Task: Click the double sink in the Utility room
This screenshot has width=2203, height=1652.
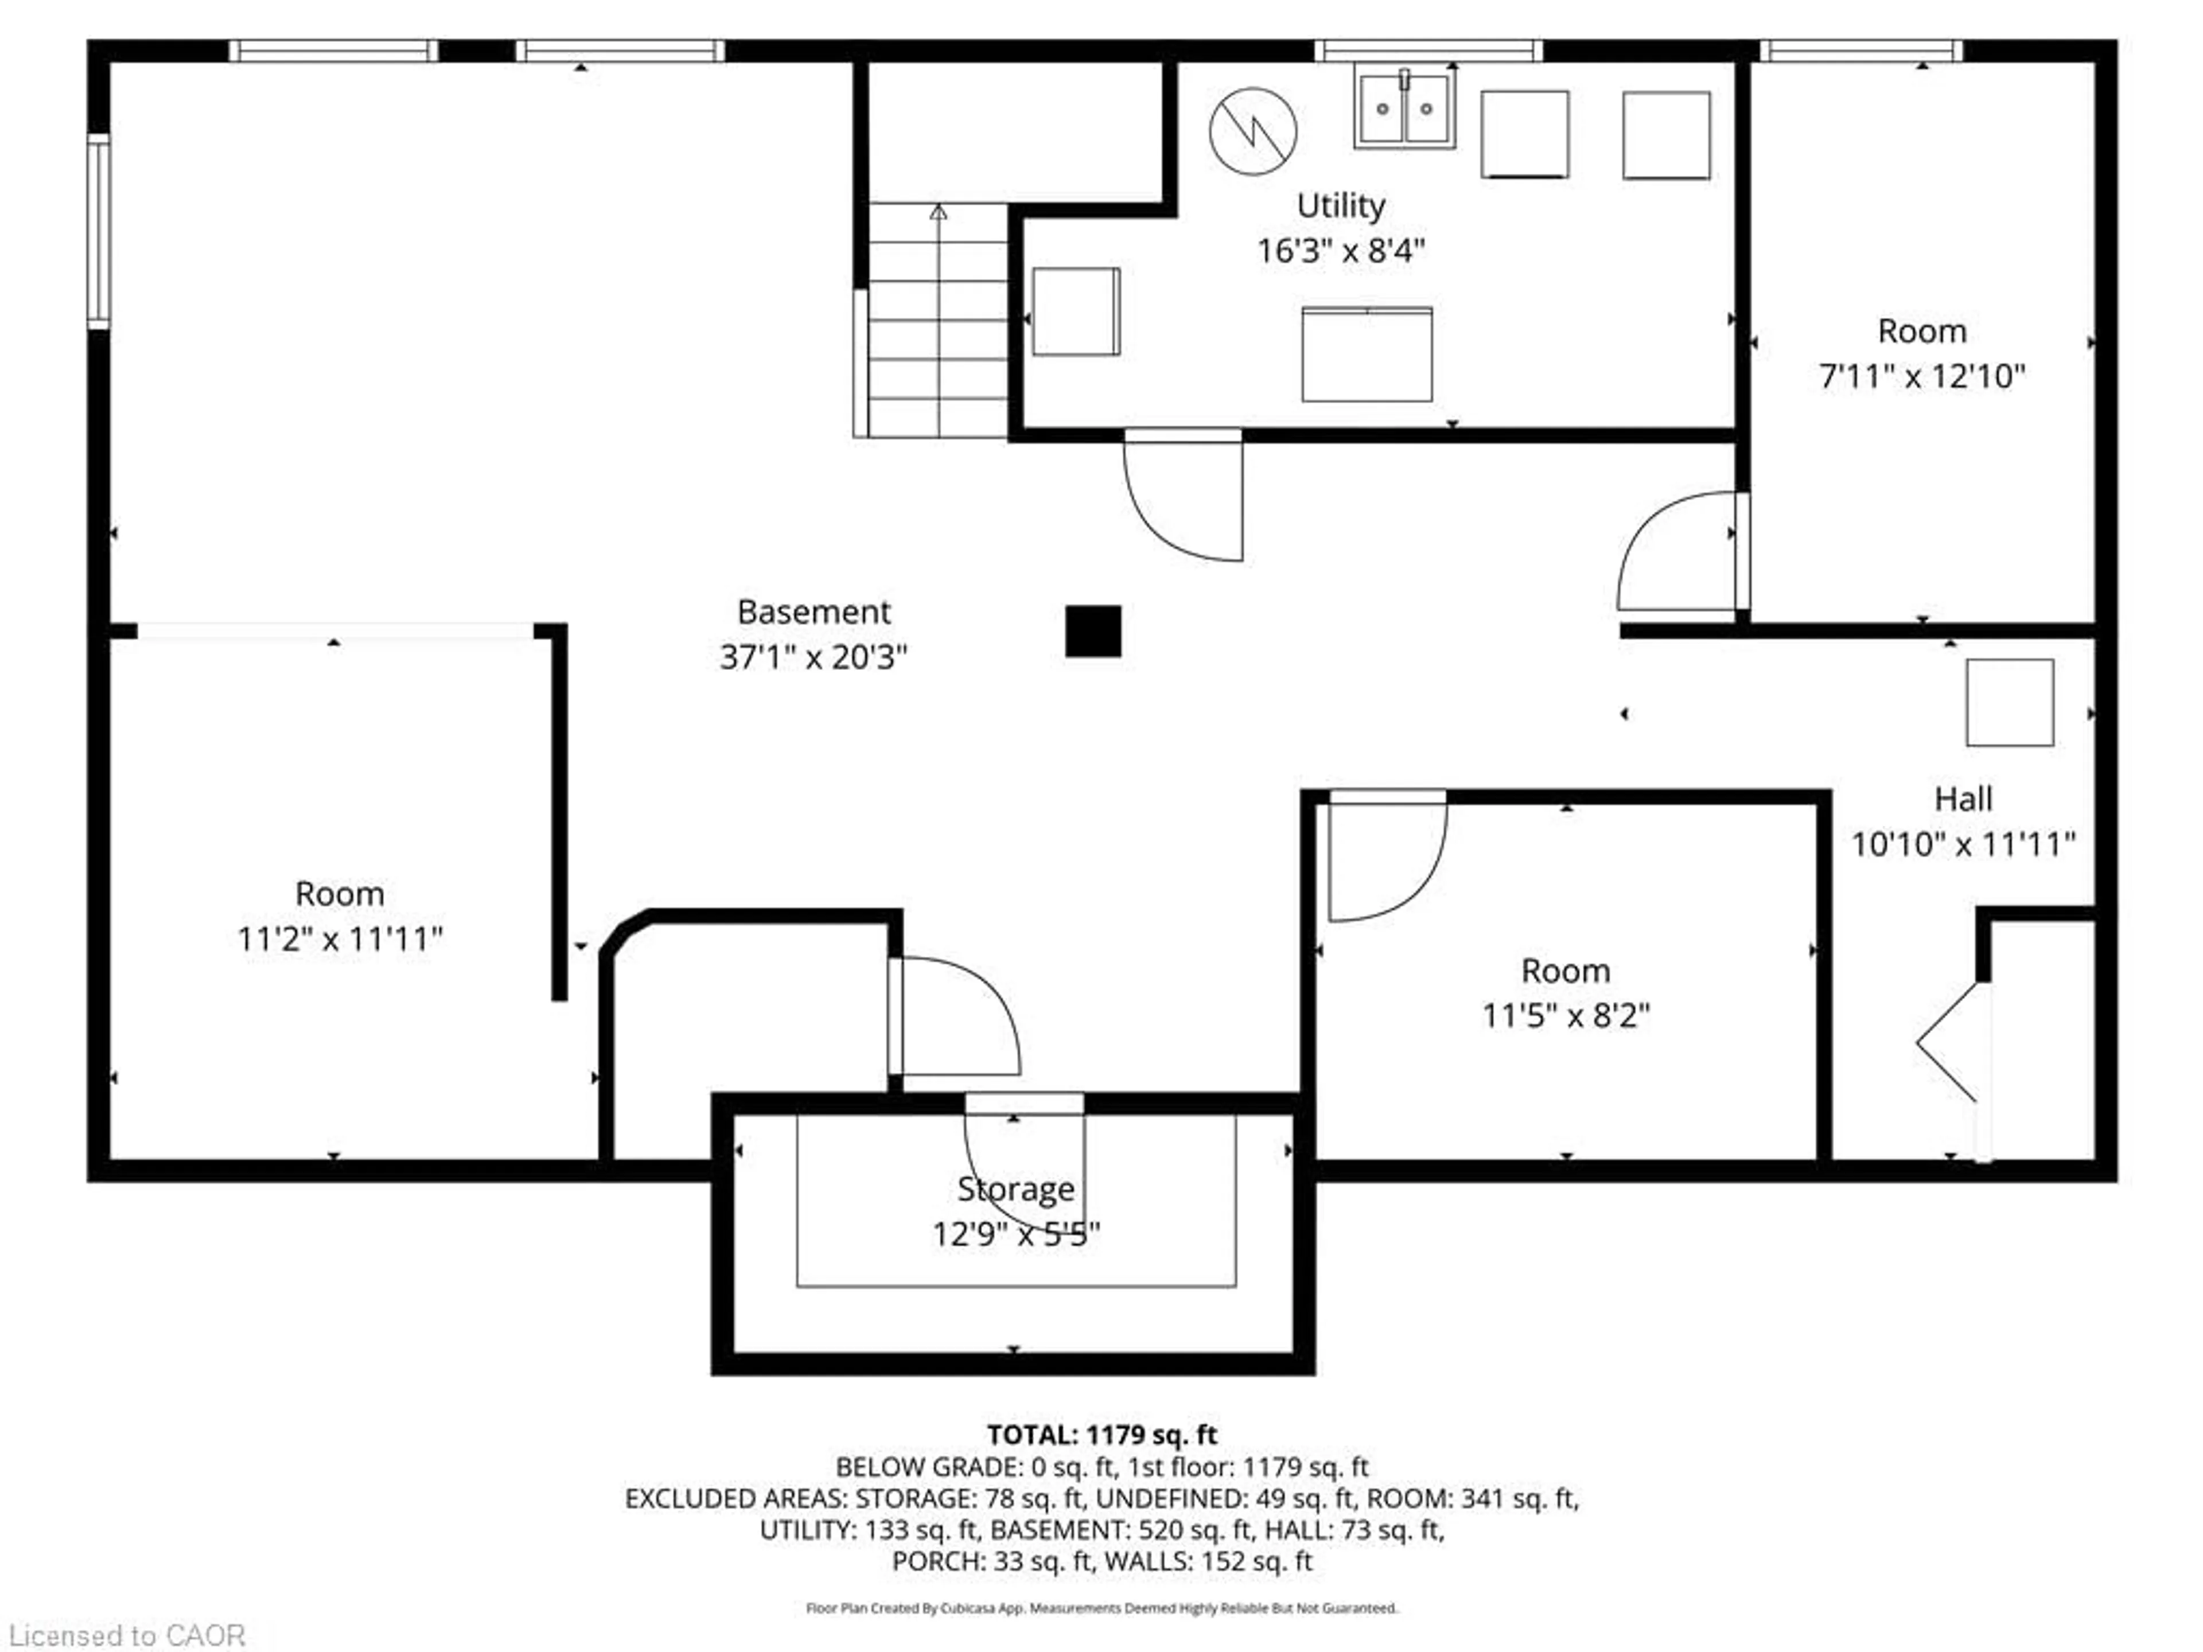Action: coord(1404,107)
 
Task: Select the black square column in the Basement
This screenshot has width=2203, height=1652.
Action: coord(1092,632)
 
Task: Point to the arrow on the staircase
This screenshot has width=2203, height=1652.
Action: coord(938,213)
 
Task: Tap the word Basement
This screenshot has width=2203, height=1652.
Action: coord(814,611)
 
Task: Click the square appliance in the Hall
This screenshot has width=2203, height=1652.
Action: coord(2009,702)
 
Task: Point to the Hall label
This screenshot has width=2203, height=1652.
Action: coord(1963,798)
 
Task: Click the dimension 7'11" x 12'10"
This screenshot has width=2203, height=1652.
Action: coord(1921,376)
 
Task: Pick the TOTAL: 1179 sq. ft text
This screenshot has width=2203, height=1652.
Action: coord(1101,1435)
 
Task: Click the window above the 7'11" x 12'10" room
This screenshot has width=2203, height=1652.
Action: coord(1861,51)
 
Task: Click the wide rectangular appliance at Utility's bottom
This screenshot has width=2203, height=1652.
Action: coord(1367,354)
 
